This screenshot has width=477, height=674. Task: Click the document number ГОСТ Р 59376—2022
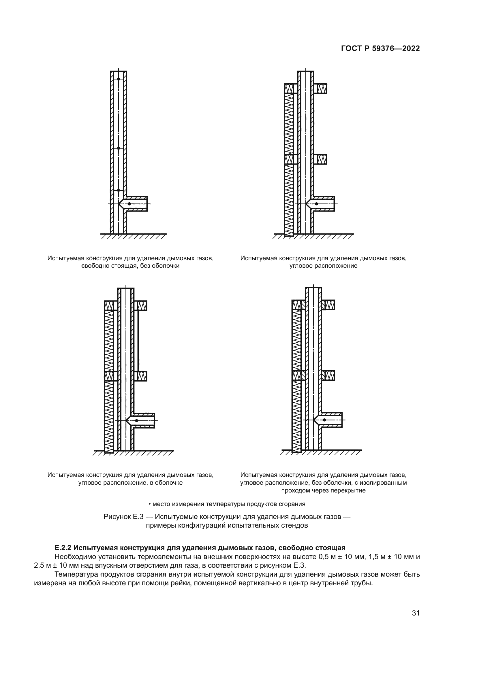(x=380, y=49)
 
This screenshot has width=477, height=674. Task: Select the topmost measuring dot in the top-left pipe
(x=118, y=79)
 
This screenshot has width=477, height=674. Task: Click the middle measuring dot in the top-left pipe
(x=118, y=148)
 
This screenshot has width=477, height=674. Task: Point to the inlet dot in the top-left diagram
(x=129, y=204)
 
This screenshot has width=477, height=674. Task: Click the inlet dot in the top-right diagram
(x=316, y=204)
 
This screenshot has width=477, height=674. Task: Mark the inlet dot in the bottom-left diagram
(x=137, y=421)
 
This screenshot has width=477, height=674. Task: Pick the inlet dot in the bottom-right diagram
(x=324, y=420)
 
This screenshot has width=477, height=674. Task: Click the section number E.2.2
(x=63, y=548)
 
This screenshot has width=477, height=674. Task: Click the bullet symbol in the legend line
(x=150, y=504)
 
